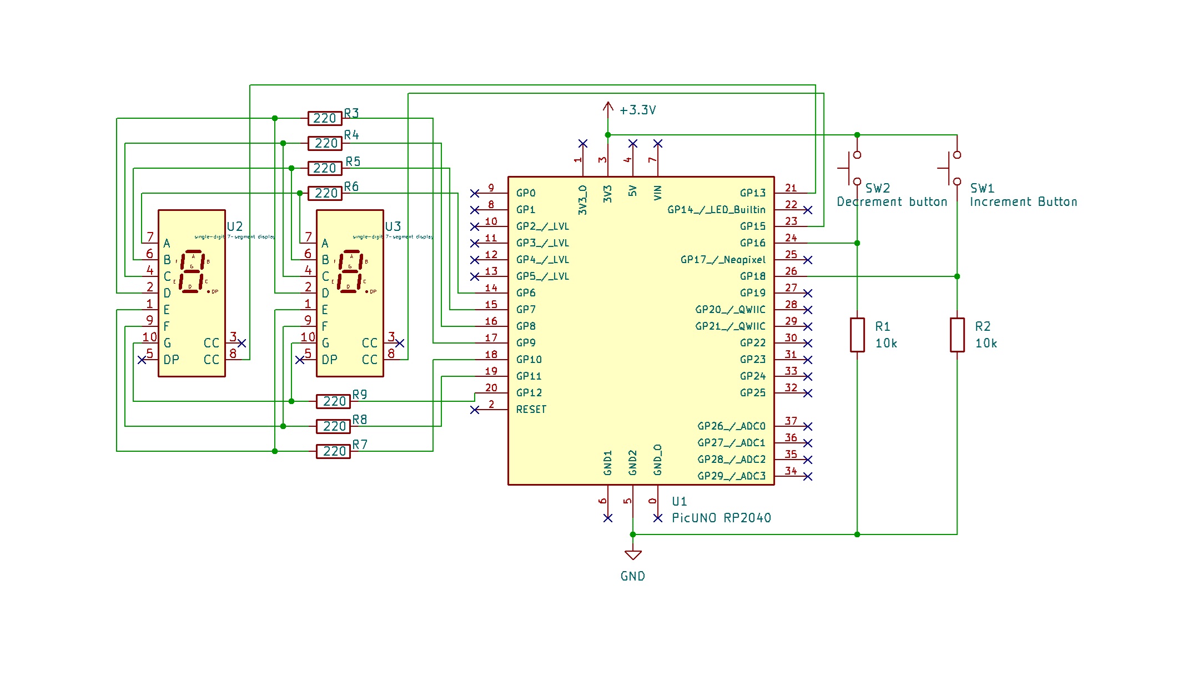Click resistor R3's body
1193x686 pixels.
pos(325,118)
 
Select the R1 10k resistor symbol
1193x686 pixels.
pos(857,335)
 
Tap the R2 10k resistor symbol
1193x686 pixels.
pos(957,335)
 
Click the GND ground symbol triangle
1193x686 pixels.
pos(633,554)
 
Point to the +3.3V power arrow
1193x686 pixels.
pos(608,108)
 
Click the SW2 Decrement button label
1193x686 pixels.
pos(892,202)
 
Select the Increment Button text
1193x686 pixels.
pos(1023,202)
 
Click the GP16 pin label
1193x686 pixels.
pos(752,243)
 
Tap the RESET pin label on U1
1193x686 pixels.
pos(531,410)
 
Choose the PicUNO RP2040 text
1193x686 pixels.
pos(721,518)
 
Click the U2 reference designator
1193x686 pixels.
pos(235,226)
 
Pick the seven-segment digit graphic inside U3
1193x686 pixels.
pos(350,271)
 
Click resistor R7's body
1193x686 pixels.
pos(333,451)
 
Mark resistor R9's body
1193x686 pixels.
pos(333,401)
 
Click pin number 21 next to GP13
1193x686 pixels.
pos(791,188)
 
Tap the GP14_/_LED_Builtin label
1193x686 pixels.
pos(716,210)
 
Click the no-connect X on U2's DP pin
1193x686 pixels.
pos(142,360)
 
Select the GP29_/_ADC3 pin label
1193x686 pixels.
pos(731,476)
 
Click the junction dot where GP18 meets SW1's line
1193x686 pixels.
pos(957,276)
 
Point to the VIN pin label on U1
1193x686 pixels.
pos(658,193)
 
